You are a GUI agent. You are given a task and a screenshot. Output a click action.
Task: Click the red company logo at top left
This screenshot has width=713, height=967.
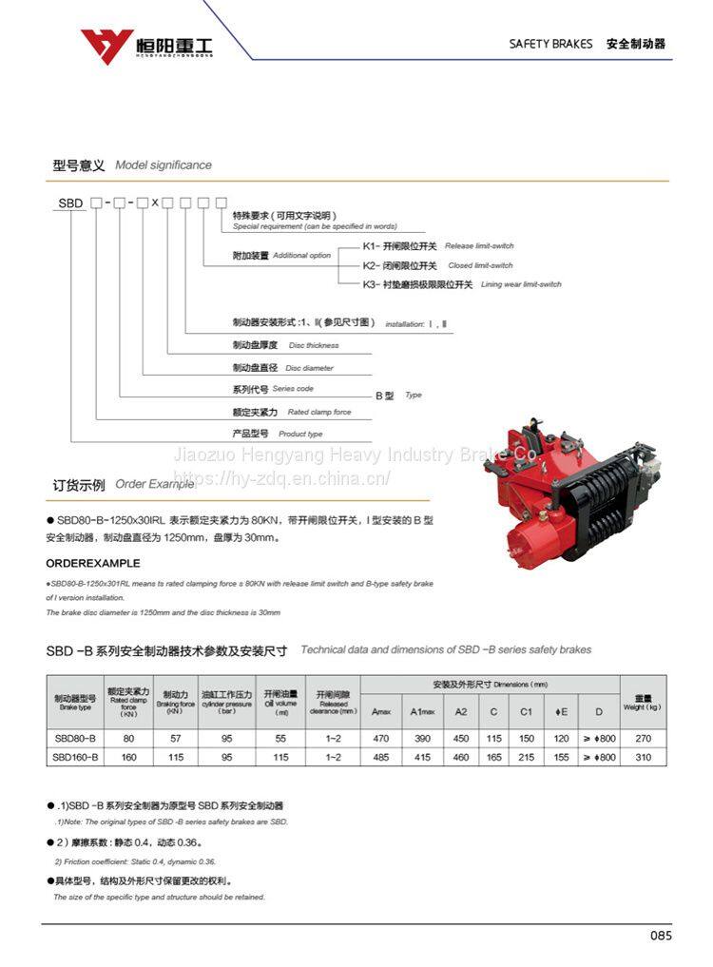(x=106, y=45)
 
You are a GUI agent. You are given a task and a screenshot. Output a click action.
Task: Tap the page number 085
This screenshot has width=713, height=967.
(x=661, y=936)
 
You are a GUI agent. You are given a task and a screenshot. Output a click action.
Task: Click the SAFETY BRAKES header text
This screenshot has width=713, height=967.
(x=550, y=44)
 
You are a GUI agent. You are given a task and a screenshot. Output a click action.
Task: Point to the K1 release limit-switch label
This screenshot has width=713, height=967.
(x=437, y=246)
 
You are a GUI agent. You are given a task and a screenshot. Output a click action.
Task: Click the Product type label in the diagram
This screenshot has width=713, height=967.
(x=277, y=434)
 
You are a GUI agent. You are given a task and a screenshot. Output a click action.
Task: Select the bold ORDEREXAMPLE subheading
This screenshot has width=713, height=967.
(x=93, y=564)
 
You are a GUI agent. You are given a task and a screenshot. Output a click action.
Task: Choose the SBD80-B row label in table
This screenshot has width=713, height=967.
(x=74, y=738)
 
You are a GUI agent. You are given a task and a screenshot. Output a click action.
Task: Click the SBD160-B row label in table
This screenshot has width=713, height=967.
(x=74, y=757)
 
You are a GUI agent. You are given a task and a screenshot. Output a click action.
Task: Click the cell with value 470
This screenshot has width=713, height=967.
(x=381, y=738)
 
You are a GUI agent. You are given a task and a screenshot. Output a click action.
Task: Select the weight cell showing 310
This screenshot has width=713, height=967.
(x=643, y=757)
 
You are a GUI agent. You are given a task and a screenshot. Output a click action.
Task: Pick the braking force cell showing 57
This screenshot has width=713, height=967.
(x=174, y=738)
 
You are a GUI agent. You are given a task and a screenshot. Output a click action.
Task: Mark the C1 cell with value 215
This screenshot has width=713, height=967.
(x=526, y=757)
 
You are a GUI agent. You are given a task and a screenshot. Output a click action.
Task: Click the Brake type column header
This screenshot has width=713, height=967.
(x=74, y=703)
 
